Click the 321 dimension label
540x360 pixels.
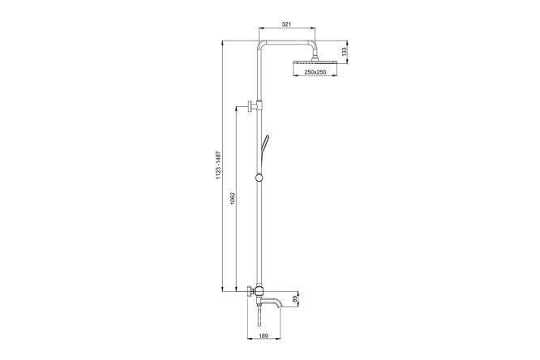click(x=287, y=24)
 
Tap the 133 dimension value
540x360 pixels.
click(x=344, y=52)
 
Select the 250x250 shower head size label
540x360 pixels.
click(x=315, y=72)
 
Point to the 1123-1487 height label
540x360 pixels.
click(x=218, y=165)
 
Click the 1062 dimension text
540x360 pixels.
click(x=233, y=199)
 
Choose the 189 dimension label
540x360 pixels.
click(x=264, y=335)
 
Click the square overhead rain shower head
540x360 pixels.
click(x=315, y=62)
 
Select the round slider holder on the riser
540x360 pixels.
click(x=259, y=178)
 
